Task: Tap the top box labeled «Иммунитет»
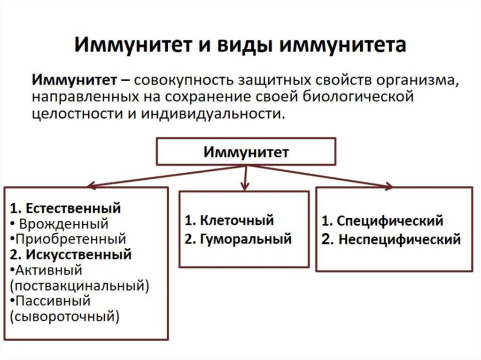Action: click(246, 151)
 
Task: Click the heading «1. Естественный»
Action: click(65, 207)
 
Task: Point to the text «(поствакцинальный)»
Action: click(79, 285)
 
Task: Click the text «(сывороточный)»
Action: click(64, 316)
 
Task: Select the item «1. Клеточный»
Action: click(229, 221)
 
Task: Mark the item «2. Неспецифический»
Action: click(391, 240)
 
